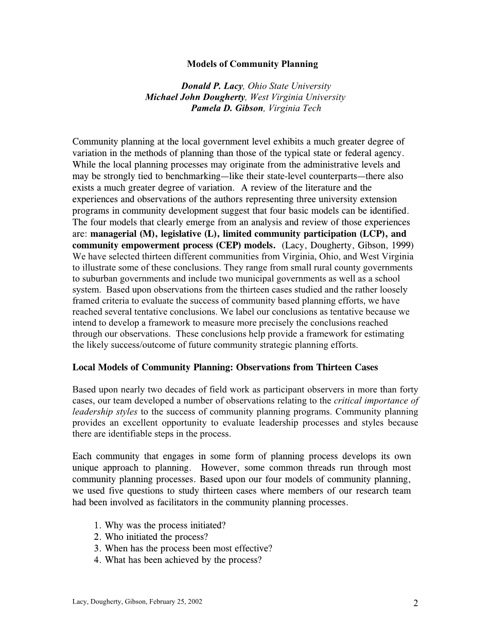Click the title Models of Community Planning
(x=252, y=64)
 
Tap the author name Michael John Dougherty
(x=196, y=97)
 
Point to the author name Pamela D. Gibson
(x=227, y=108)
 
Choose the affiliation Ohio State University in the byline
(x=289, y=86)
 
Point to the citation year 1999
(x=403, y=245)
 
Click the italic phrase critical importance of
(x=376, y=400)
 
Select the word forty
(x=408, y=390)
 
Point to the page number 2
(x=415, y=604)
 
